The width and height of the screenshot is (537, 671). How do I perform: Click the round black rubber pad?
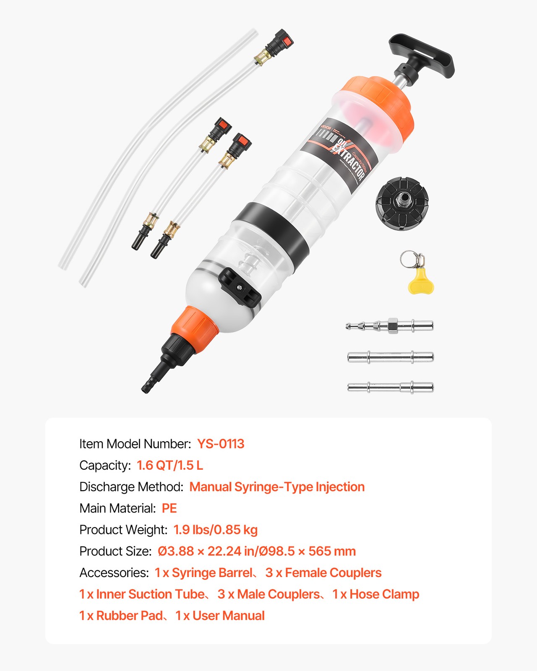401,204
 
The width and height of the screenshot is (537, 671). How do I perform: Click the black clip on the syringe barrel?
240,288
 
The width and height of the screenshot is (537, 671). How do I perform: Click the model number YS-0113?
221,444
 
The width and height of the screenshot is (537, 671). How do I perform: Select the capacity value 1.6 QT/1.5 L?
170,465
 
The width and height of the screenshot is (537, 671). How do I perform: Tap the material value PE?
169,508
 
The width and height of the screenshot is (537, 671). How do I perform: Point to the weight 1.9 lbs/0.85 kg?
216,530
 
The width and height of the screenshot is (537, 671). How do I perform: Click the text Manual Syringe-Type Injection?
277,487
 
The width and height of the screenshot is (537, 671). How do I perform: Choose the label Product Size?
115,551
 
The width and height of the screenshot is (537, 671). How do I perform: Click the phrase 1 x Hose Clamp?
376,594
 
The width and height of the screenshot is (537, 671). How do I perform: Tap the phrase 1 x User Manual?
220,616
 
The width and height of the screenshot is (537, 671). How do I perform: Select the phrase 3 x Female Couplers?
323,573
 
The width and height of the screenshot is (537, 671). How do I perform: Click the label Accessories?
114,573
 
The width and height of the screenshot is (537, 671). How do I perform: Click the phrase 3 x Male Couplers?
269,594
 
